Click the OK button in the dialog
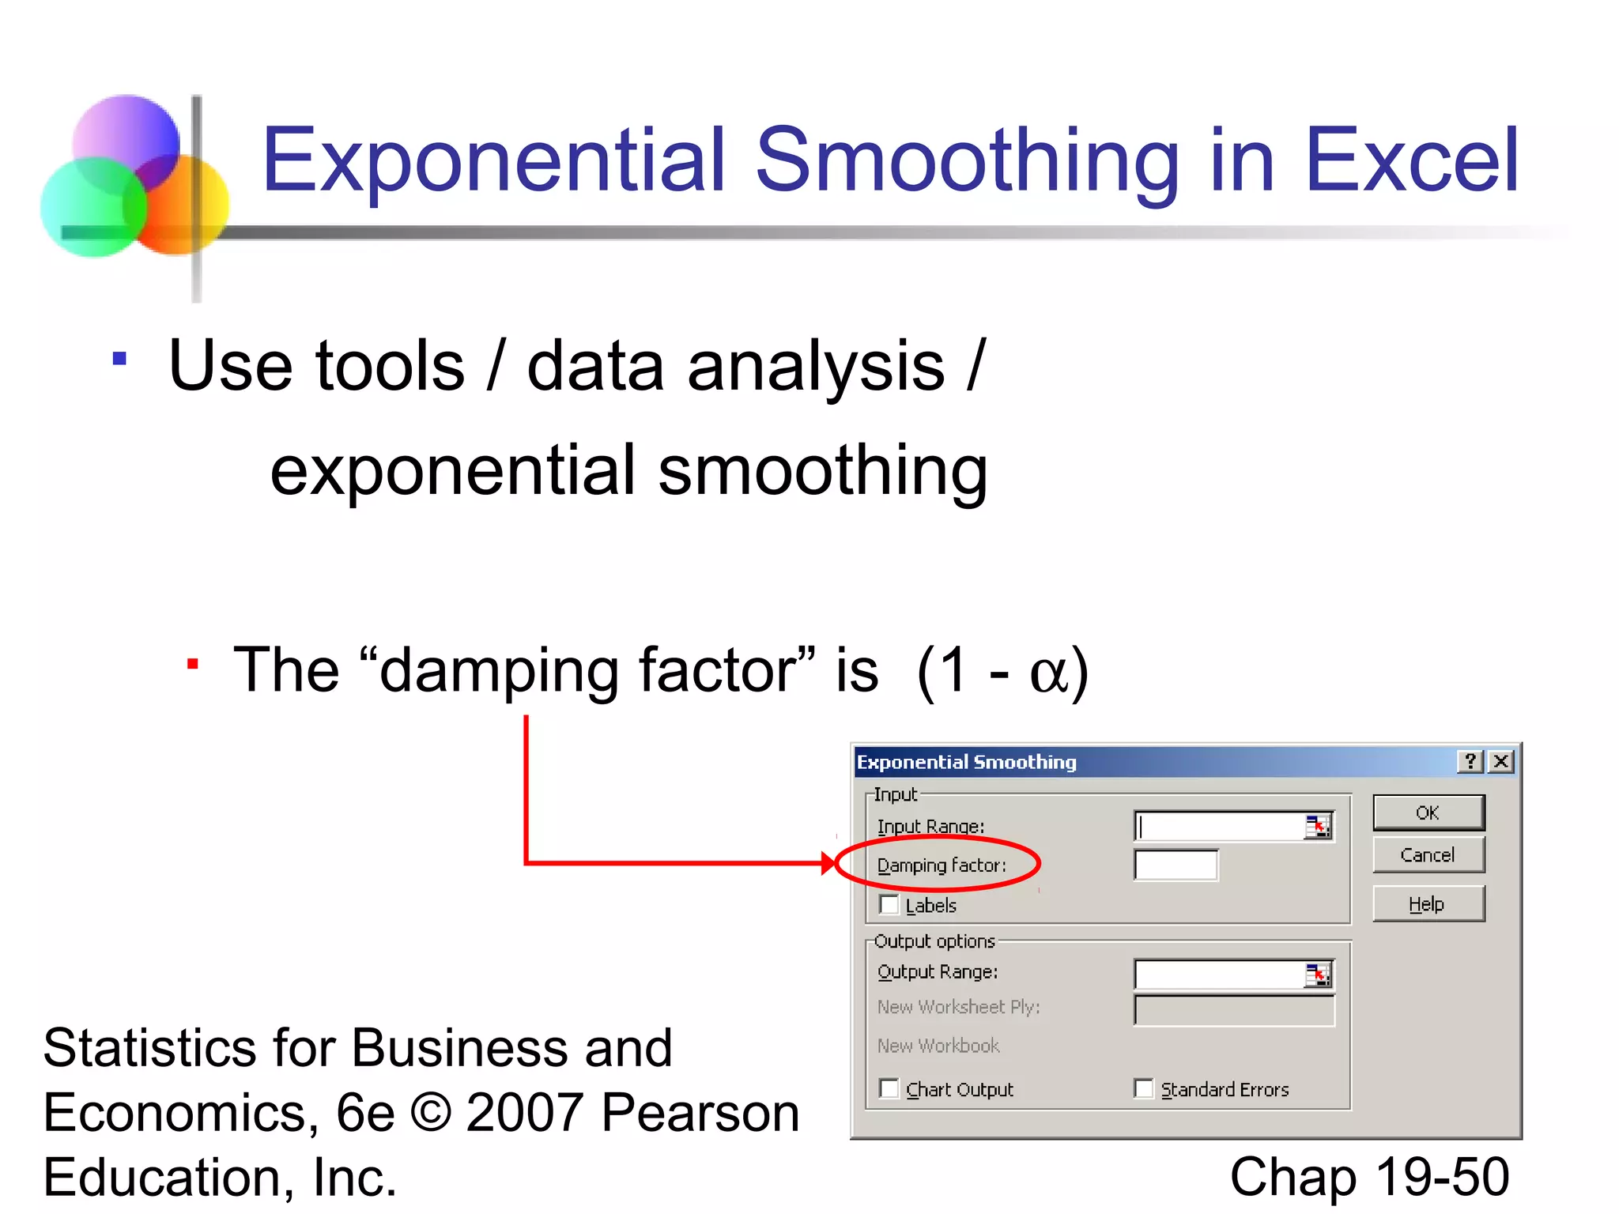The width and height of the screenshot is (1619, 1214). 1428,812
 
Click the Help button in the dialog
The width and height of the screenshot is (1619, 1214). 1428,904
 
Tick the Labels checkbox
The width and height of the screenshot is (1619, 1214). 889,904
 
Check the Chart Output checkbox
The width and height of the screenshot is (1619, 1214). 889,1089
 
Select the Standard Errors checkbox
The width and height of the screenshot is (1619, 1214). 1143,1089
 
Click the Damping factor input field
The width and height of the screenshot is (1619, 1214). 1176,865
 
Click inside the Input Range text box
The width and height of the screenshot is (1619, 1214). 1217,827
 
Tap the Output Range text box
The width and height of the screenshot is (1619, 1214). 1217,975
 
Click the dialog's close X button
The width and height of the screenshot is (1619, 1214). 1500,761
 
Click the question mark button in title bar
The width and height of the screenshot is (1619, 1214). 1470,761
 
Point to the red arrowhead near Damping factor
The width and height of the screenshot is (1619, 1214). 828,863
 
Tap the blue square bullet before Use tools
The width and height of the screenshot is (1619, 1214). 119,360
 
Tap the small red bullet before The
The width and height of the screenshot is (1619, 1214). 192,663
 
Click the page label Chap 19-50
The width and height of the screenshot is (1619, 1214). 1369,1176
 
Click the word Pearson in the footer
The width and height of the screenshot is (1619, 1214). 700,1113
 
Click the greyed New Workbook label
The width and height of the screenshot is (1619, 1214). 938,1046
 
